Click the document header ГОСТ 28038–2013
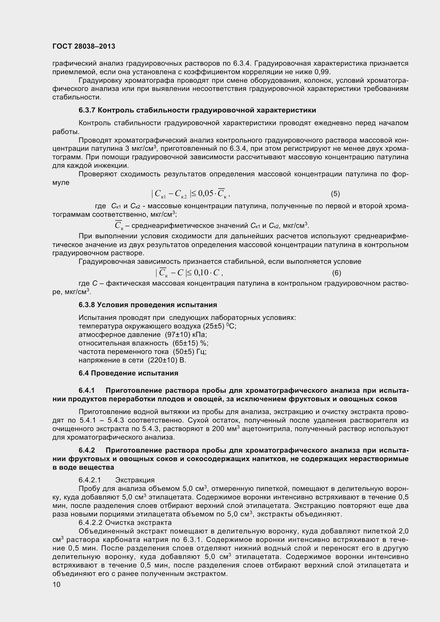click(84, 47)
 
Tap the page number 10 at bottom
click(56, 592)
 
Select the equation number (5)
click(335, 194)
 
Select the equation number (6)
click(336, 273)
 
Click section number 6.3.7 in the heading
click(87, 110)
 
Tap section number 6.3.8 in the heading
click(87, 305)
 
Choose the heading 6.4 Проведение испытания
click(128, 373)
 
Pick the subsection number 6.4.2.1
click(90, 480)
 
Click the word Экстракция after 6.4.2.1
click(135, 480)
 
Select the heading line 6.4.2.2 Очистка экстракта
click(125, 522)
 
